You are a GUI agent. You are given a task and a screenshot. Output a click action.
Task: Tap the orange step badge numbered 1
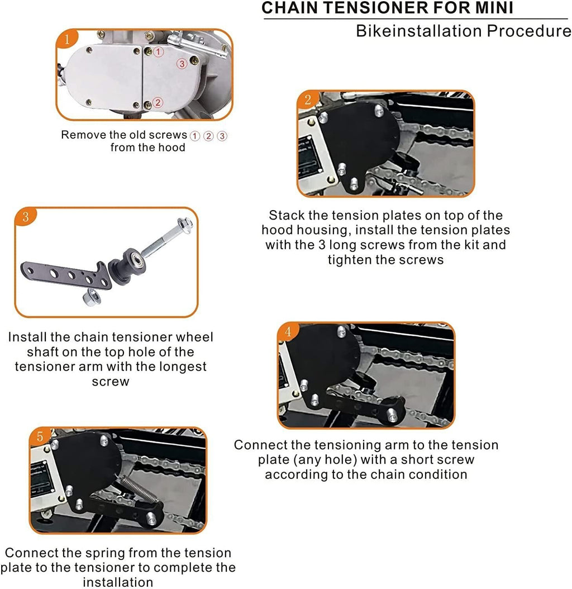coord(67,39)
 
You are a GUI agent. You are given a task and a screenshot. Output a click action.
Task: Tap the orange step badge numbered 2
coord(308,99)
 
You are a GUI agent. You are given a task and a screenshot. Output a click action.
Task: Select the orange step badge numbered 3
coord(26,217)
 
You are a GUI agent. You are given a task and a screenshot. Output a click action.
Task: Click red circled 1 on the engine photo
coord(159,52)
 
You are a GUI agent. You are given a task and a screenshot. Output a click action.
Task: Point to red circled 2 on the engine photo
coord(158,103)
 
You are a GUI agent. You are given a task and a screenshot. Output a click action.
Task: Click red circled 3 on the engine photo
coord(182,64)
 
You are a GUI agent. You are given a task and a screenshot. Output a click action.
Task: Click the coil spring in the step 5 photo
coord(139,490)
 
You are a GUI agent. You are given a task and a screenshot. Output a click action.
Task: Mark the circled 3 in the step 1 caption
coord(222,136)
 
